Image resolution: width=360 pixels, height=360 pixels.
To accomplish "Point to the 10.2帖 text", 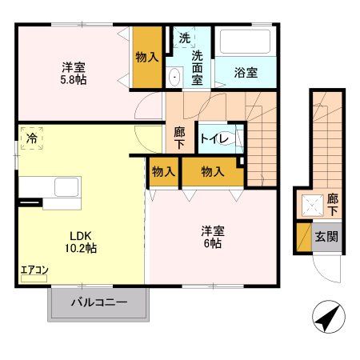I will [x=82, y=249].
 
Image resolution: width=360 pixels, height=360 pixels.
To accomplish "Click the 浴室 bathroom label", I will [x=246, y=73].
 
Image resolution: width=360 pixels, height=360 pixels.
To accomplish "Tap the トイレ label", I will [x=216, y=139].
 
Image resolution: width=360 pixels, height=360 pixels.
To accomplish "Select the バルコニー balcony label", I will [x=99, y=303].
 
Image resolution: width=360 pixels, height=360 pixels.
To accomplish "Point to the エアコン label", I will [x=34, y=270].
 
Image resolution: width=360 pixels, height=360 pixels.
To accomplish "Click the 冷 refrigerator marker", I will [x=32, y=139].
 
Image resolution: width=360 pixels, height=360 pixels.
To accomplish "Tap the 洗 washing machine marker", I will [x=185, y=38].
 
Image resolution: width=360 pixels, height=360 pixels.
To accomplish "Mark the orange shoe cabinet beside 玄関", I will [x=303, y=237].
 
